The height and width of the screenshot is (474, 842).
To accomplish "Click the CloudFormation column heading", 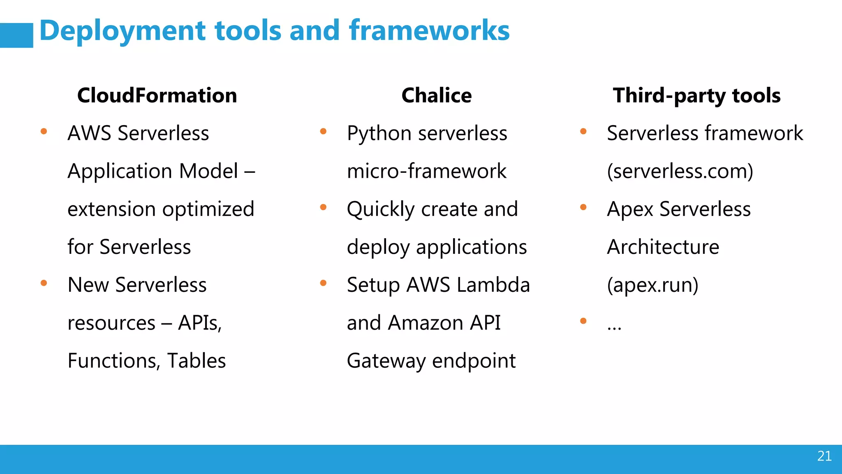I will coord(157,95).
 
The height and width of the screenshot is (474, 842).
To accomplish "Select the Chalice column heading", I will coord(436,95).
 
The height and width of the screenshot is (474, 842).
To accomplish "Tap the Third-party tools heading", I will coord(696,95).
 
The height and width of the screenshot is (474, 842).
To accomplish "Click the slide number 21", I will coord(824,456).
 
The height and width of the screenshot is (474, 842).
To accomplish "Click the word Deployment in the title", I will coord(122,31).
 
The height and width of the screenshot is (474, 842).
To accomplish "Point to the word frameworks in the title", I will coord(429,30).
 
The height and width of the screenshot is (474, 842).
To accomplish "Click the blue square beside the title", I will coord(16,35).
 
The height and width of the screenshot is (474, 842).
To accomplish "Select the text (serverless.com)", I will coord(680,171).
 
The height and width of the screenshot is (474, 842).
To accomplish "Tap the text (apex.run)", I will coord(652,285).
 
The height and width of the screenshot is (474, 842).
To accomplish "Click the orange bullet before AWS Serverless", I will coord(44,132).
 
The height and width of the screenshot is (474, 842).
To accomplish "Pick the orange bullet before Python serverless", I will coord(323,132).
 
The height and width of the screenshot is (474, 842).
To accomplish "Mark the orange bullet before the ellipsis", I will coord(583,321).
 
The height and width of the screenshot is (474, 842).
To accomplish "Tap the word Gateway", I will coord(386,361).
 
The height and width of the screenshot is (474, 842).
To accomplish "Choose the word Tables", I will coord(197,361).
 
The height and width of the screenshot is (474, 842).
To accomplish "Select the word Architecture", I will coord(663,247).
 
